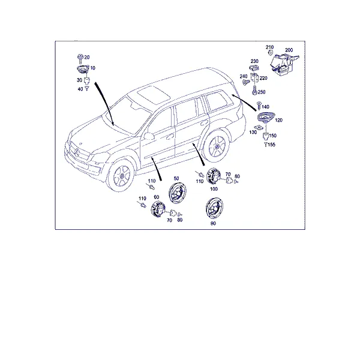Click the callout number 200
pos(289,50)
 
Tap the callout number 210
pos(269,47)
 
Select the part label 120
pos(278,120)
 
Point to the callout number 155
pos(271,145)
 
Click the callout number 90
pos(213,223)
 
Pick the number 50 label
pos(176,178)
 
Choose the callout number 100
pos(214,189)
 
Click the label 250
pos(262,92)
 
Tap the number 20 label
pos(87,57)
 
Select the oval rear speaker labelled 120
pos(266,117)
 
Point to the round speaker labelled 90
pos(214,208)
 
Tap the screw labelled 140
pos(259,106)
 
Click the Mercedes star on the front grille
pos(76,152)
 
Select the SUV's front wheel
pos(121,175)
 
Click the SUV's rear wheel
pos(217,146)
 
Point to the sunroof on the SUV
pos(154,94)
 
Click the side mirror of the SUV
pos(149,136)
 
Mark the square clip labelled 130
pos(259,127)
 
